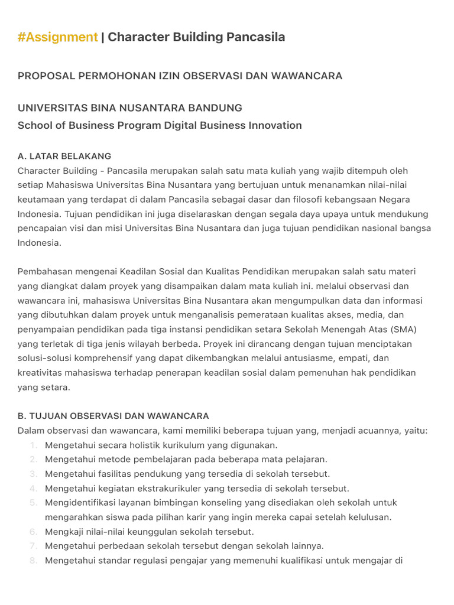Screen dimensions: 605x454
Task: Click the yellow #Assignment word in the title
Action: (x=57, y=37)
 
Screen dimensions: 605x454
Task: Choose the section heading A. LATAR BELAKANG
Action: (x=64, y=157)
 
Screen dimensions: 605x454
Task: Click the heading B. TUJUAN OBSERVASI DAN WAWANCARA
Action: (x=113, y=416)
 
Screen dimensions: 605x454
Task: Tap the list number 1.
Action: (x=34, y=445)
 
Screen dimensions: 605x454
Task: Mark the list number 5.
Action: (x=34, y=503)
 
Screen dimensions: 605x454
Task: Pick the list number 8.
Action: (x=34, y=561)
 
